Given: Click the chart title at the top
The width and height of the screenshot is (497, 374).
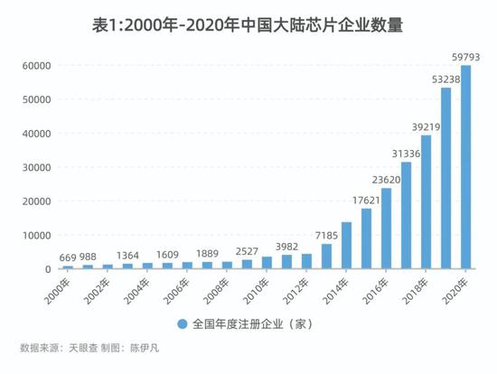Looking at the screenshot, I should click(x=248, y=26).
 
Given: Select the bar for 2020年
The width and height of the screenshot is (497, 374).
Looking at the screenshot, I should click(x=466, y=167).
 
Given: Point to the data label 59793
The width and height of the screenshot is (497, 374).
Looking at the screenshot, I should click(x=466, y=57).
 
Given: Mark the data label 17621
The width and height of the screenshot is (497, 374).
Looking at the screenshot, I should click(x=366, y=199).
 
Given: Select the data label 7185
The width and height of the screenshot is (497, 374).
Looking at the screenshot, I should click(x=326, y=234).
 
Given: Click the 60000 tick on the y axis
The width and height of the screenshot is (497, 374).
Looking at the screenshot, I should click(x=35, y=66).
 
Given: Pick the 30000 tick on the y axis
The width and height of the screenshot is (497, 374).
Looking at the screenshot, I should click(x=35, y=167).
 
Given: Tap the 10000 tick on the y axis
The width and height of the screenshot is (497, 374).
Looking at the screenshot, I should click(x=35, y=235).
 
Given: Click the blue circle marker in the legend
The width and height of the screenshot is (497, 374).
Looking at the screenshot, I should click(x=182, y=323).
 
